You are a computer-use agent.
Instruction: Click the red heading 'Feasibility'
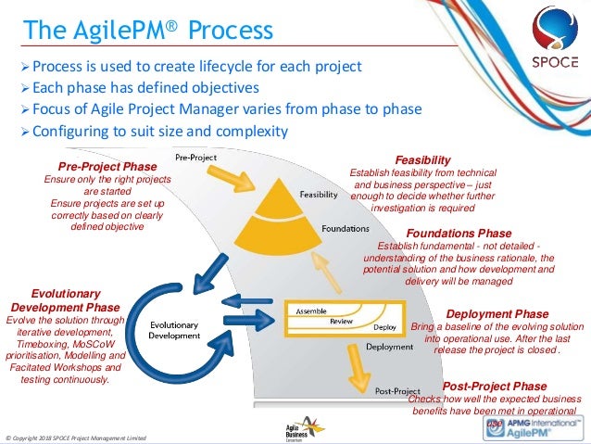(422, 159)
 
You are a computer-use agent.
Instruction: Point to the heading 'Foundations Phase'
(459, 233)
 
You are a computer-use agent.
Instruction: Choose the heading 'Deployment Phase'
(497, 314)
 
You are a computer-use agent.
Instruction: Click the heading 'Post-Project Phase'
(495, 386)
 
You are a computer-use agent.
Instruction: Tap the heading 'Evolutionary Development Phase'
(65, 298)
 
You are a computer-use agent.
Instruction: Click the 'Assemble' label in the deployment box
(314, 311)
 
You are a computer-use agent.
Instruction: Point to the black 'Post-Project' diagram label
(398, 392)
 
